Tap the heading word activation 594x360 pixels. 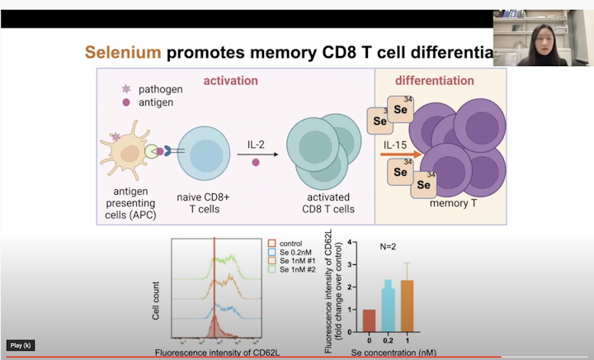point(231,81)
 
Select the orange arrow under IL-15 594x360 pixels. point(400,154)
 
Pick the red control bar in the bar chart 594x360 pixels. point(368,320)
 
